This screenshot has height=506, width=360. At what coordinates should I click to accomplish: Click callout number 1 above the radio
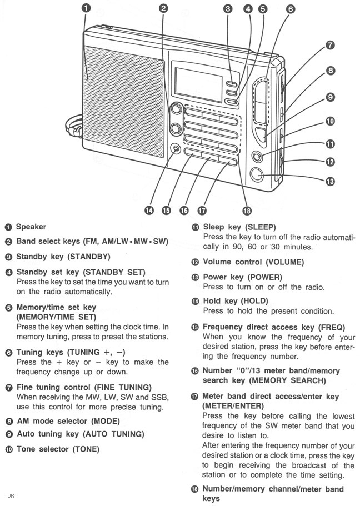[x=86, y=8]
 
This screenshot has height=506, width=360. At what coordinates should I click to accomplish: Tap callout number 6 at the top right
[x=291, y=9]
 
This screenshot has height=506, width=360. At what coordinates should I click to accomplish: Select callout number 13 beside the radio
[x=329, y=181]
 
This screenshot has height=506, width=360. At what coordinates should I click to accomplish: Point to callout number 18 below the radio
[x=247, y=210]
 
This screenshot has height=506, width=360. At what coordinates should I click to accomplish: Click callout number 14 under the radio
[x=149, y=210]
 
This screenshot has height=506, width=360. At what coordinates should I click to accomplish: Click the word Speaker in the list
[x=31, y=227]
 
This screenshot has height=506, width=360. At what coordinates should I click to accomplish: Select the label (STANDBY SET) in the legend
[x=113, y=272]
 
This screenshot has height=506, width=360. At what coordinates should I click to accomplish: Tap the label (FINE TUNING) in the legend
[x=131, y=387]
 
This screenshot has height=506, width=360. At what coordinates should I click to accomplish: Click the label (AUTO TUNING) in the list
[x=113, y=433]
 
